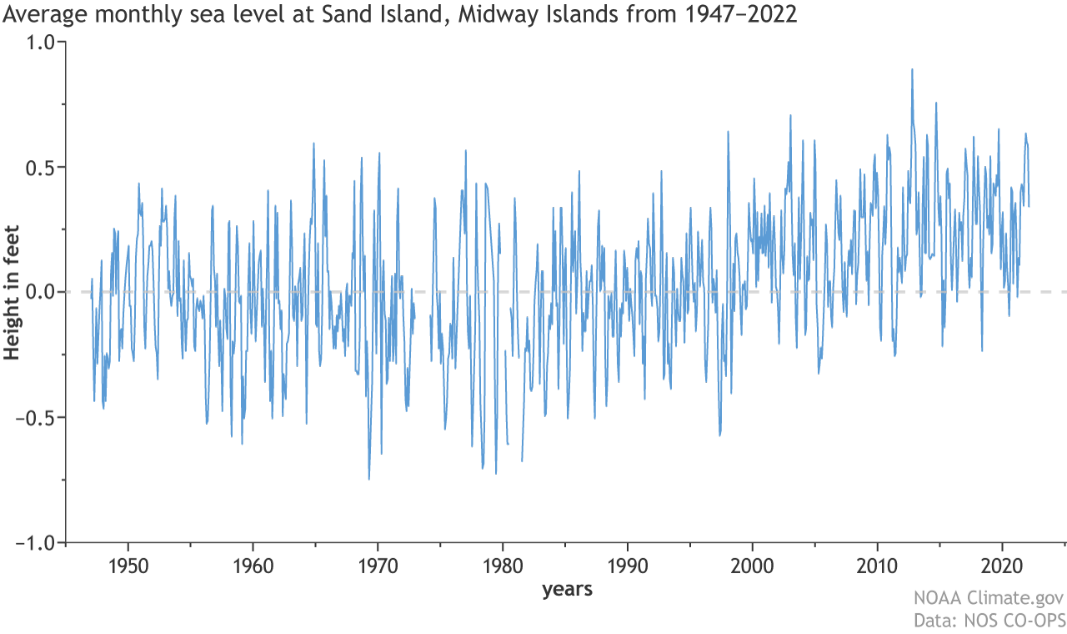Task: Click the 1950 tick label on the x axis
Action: point(128,566)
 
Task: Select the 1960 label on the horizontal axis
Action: point(253,566)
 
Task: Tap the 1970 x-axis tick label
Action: point(378,566)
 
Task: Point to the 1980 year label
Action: point(503,566)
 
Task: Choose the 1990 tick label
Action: point(627,566)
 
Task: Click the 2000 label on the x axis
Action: point(752,566)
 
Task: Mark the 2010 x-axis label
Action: point(877,566)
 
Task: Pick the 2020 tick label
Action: point(1002,566)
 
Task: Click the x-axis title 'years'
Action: point(567,591)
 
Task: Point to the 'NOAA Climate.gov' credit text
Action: point(989,599)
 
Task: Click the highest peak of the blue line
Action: point(912,70)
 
